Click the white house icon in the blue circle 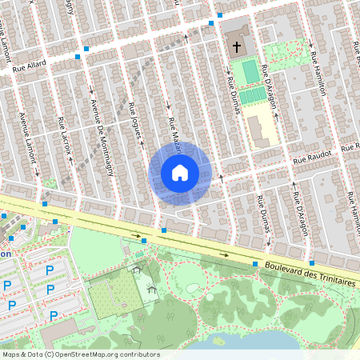pyautogui.click(x=180, y=173)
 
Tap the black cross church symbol pyautogui.click(x=237, y=47)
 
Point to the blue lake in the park pyautogui.click(x=256, y=342)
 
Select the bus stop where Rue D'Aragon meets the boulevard pyautogui.click(x=312, y=262)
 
